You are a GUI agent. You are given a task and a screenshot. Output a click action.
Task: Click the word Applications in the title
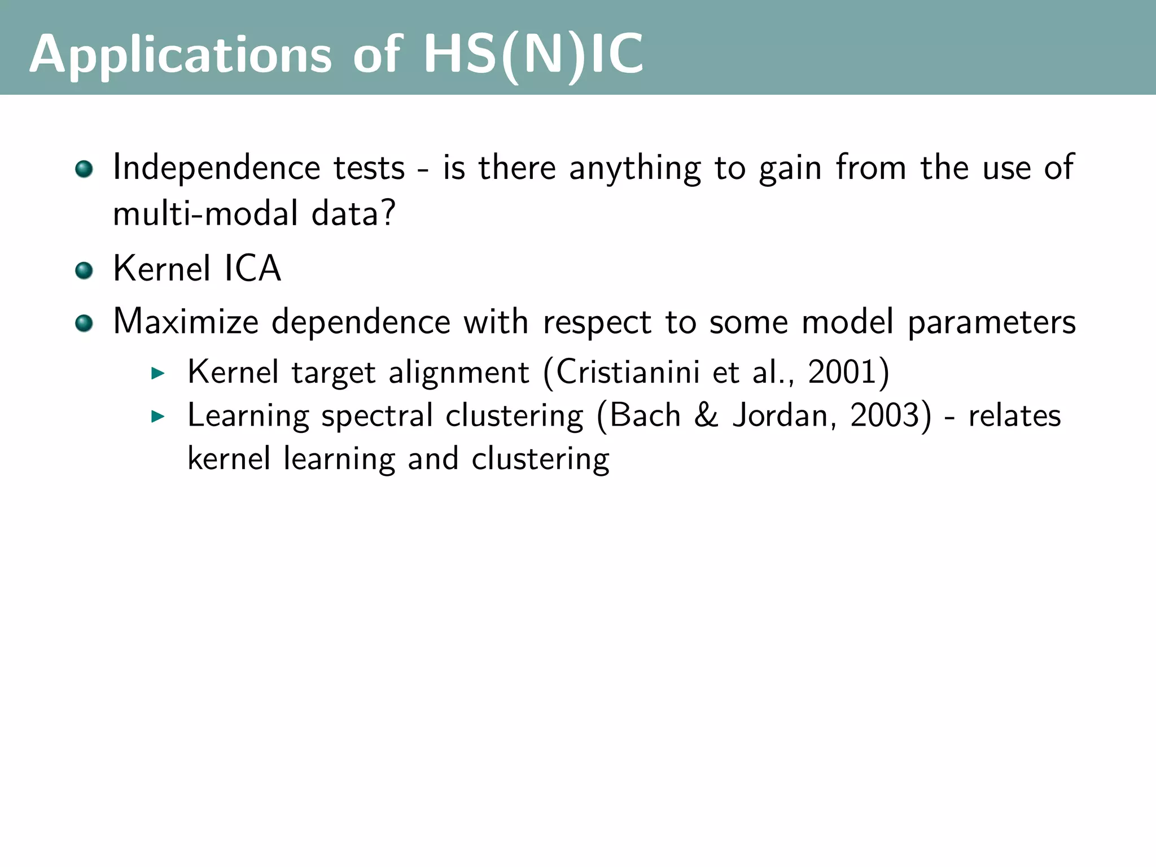(x=180, y=55)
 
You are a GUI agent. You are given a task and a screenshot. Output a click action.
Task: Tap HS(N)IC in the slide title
(x=533, y=55)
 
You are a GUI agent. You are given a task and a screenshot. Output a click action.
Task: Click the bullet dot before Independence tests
(x=84, y=169)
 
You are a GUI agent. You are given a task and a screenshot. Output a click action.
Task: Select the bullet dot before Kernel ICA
(x=84, y=270)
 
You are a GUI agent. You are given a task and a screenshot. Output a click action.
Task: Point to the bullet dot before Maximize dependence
(x=84, y=323)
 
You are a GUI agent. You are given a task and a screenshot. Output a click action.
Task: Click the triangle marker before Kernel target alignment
(x=158, y=373)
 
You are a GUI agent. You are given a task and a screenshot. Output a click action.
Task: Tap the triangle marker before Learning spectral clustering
(x=158, y=417)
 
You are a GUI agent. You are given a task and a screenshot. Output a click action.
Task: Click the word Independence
(x=216, y=168)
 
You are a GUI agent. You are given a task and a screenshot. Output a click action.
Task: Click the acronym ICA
(x=252, y=268)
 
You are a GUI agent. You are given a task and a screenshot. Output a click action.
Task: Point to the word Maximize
(x=186, y=322)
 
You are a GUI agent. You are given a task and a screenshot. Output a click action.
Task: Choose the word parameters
(x=991, y=323)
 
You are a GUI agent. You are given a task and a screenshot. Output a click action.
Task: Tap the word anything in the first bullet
(x=635, y=169)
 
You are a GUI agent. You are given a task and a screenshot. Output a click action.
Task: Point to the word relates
(x=1014, y=416)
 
